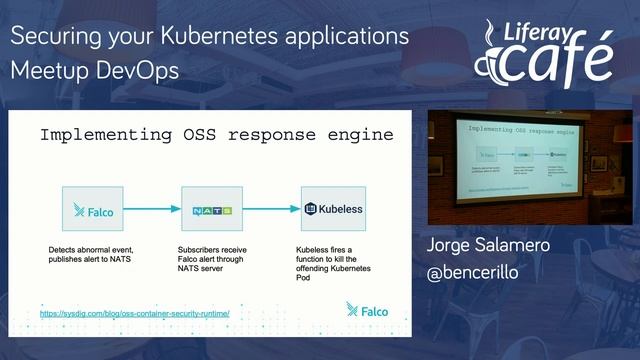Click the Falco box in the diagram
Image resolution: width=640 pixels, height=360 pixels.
click(92, 209)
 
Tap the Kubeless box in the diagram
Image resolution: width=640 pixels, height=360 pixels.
click(333, 209)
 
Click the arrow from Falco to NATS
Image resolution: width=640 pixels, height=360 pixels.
click(152, 209)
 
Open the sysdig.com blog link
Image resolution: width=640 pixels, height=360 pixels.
click(135, 313)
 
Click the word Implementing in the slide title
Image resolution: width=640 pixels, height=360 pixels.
click(104, 134)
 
